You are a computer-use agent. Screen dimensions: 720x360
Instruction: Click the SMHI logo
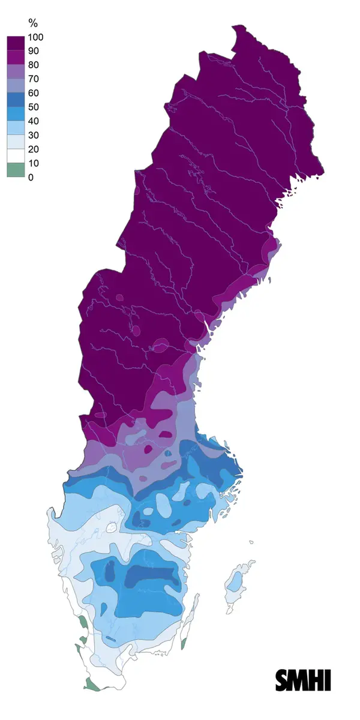(x=303, y=680)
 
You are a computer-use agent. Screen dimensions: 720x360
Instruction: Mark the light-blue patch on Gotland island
(x=236, y=581)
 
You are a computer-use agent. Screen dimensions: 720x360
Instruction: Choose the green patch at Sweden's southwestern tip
(x=92, y=684)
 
